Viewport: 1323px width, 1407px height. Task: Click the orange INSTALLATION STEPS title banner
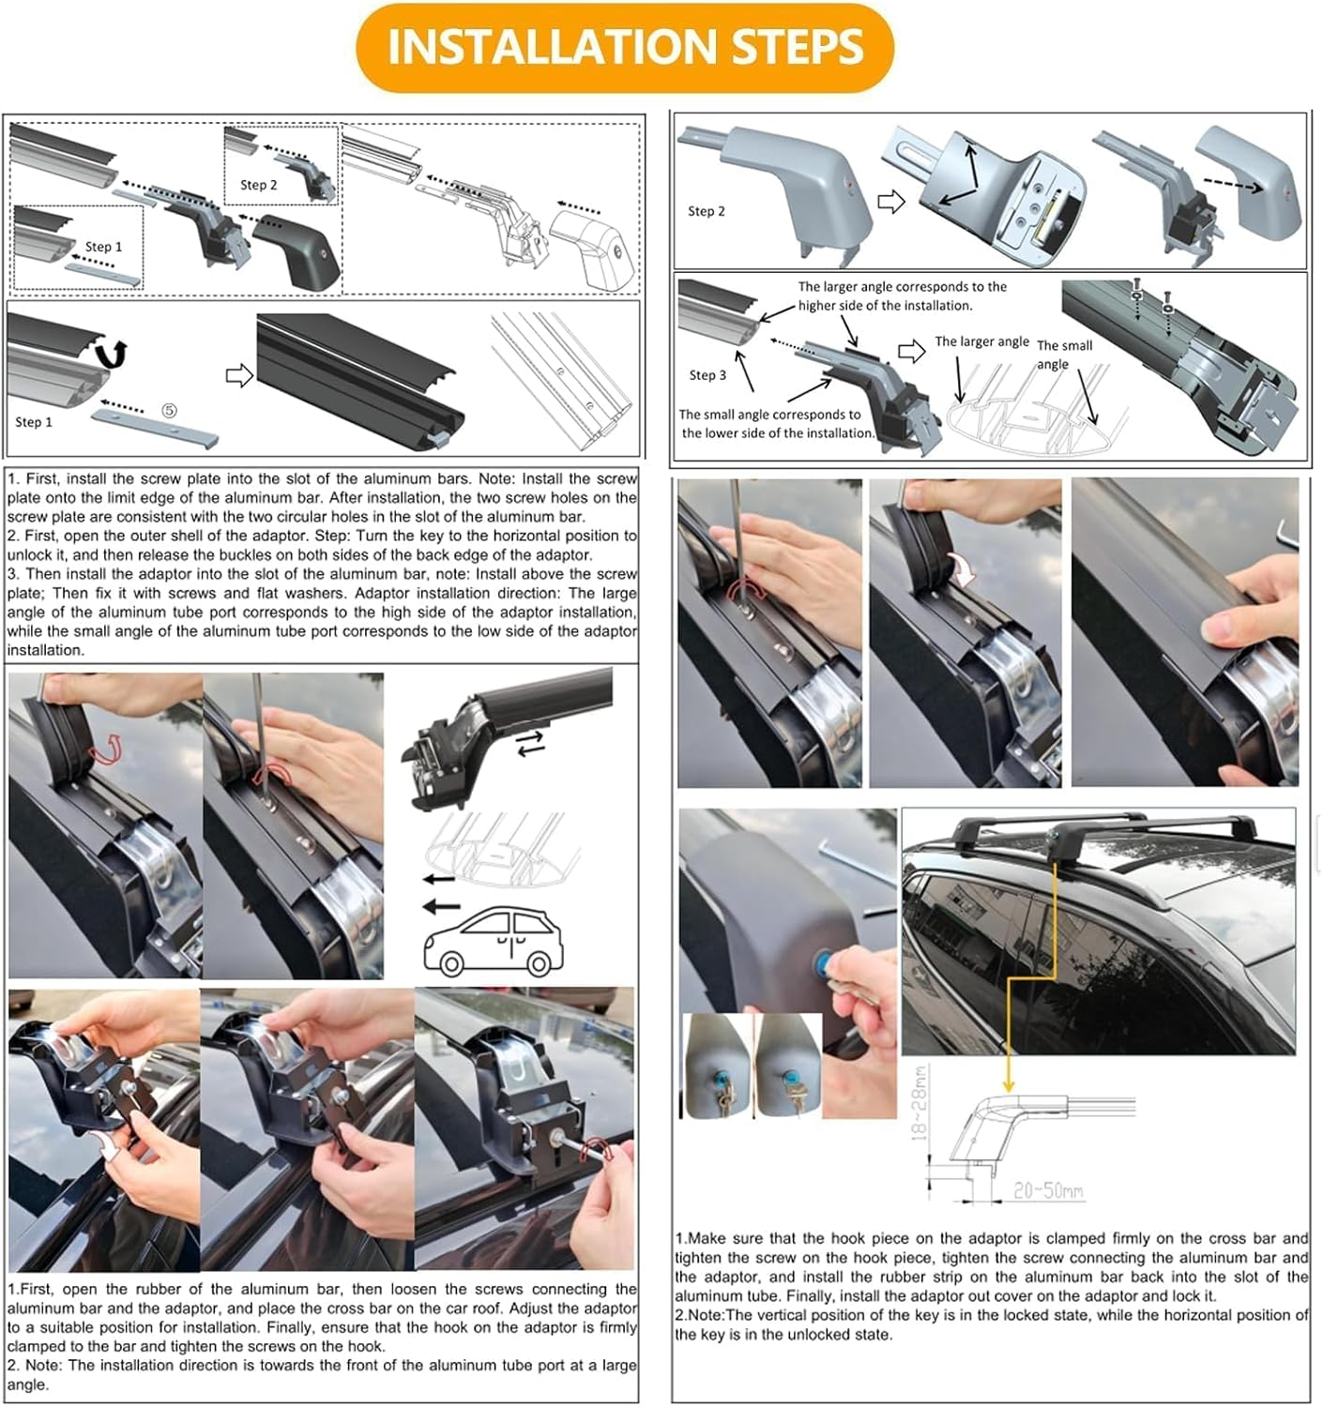point(624,48)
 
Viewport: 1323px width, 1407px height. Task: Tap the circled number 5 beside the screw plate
point(170,410)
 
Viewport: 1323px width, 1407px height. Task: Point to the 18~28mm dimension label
point(920,1103)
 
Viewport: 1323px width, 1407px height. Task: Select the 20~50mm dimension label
point(1048,1190)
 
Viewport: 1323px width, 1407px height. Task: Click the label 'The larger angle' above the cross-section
point(981,341)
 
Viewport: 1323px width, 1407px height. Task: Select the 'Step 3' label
point(707,375)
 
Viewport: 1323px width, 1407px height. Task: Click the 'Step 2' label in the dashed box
point(259,185)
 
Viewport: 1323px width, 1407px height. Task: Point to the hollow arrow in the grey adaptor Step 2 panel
point(891,202)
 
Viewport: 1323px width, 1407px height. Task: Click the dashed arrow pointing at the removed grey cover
point(1235,185)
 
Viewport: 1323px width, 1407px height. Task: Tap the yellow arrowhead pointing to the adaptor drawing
point(1008,1086)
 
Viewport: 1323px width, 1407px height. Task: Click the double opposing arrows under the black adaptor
point(530,744)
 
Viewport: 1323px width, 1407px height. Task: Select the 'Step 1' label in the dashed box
point(103,247)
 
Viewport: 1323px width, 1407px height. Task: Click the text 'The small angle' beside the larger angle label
point(1064,355)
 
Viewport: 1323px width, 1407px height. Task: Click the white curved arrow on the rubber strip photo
point(964,570)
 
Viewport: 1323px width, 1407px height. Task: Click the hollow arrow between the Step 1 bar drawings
point(239,375)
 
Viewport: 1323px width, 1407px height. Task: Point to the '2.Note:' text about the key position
point(698,1315)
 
